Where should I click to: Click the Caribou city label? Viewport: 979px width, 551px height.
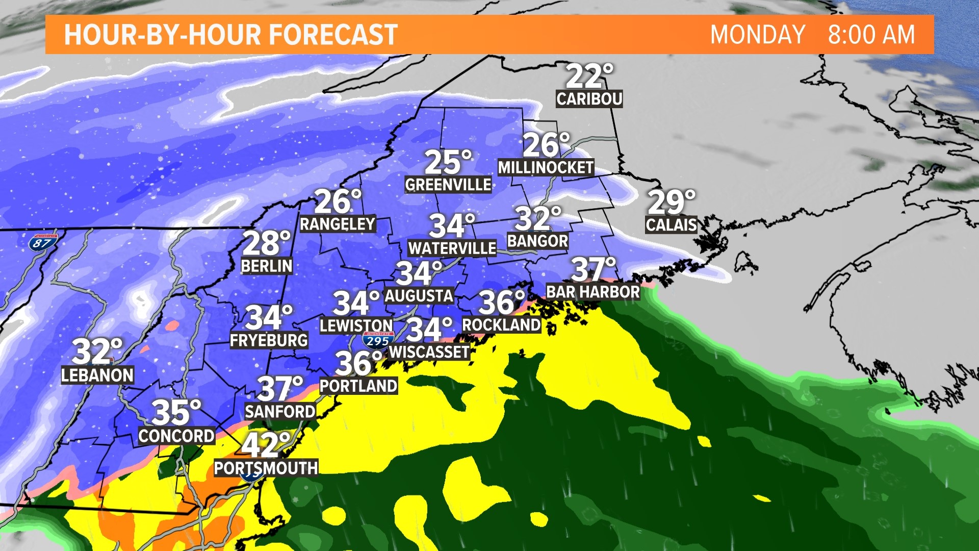[589, 98]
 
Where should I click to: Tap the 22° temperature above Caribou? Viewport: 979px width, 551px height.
[588, 76]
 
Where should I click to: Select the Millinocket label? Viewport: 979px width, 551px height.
[546, 167]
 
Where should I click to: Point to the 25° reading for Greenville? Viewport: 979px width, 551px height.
[448, 162]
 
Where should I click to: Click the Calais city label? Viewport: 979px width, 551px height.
[671, 224]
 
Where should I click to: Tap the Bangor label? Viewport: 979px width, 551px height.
[537, 241]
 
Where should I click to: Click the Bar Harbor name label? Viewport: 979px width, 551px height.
[592, 292]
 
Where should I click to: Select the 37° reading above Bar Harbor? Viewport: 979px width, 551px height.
[592, 269]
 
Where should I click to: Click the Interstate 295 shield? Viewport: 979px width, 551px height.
[378, 340]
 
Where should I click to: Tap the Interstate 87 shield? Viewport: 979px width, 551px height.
[42, 242]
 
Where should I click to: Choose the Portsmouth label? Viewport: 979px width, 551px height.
[266, 468]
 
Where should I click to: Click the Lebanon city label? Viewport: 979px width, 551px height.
[97, 375]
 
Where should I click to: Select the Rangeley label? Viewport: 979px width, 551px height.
[337, 224]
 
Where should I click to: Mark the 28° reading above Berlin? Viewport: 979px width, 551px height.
[266, 243]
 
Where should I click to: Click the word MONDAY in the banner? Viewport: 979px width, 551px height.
[757, 35]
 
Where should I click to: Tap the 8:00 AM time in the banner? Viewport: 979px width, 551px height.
[871, 35]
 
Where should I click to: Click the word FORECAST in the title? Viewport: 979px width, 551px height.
[333, 35]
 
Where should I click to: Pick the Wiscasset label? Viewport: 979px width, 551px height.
[429, 352]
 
